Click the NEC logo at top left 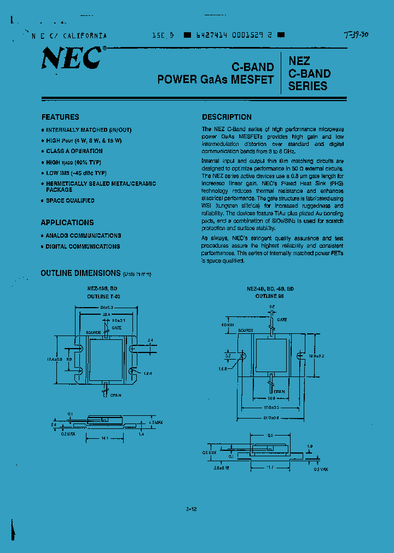click(72, 58)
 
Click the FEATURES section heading click(60, 117)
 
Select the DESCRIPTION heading click(227, 117)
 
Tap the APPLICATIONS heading click(67, 222)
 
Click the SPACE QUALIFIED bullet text click(70, 201)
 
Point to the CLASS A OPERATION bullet click(74, 151)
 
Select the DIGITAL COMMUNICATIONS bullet click(83, 246)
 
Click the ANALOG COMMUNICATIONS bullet click(83, 236)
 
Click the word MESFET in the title click(252, 79)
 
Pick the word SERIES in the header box click(308, 86)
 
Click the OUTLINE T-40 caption click(103, 296)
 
